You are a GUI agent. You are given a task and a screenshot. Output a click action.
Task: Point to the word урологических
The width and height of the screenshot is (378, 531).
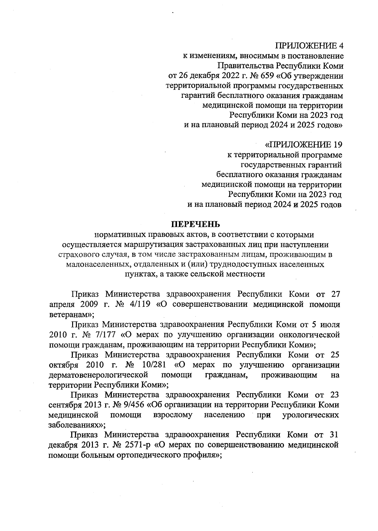pyautogui.click(x=311, y=415)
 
